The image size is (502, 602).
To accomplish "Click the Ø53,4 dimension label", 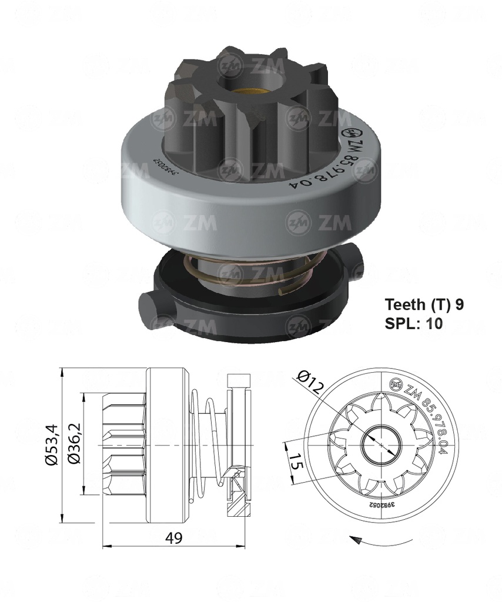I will tap(52, 445).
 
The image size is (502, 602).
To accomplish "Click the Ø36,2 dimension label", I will tap(75, 445).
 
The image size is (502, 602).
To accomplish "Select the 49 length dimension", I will tap(173, 538).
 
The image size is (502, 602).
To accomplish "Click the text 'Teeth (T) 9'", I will tap(424, 305).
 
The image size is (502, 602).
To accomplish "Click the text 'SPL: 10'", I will tap(413, 323).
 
